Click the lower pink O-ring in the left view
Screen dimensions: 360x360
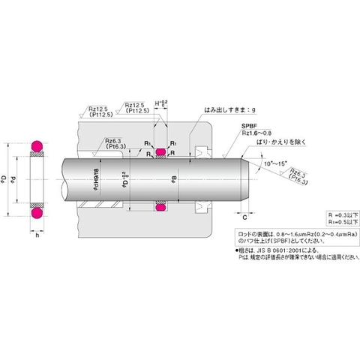tap(34, 214)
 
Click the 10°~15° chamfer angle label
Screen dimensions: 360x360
tap(274, 161)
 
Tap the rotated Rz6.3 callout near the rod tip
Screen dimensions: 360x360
tap(297, 177)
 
